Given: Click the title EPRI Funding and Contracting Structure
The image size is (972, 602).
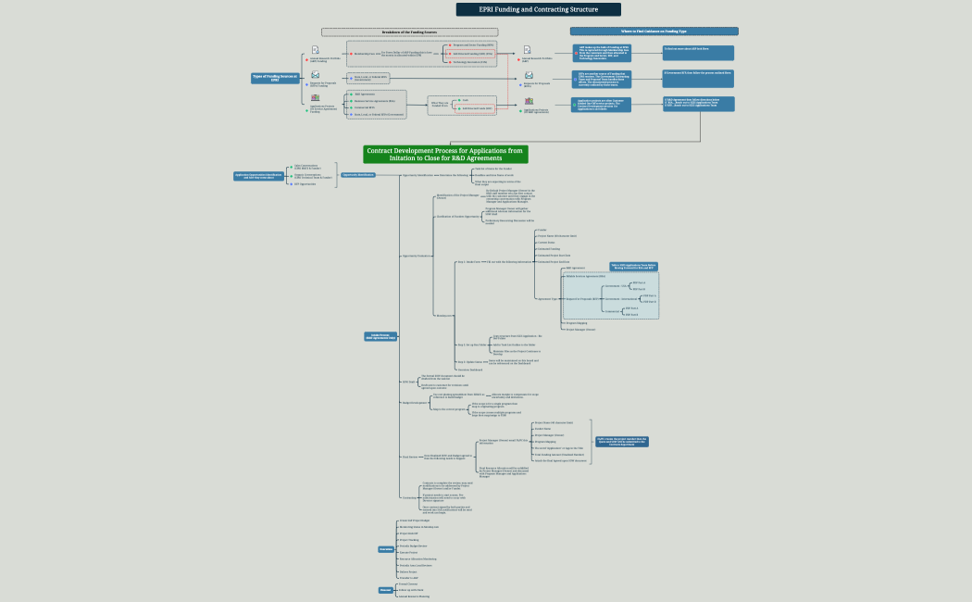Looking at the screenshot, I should click(x=525, y=9).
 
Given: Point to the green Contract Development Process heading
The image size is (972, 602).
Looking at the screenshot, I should click(x=445, y=154).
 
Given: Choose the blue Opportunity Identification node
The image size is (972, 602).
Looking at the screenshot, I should click(x=358, y=174).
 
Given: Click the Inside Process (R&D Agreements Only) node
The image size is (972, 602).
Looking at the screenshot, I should click(x=380, y=337).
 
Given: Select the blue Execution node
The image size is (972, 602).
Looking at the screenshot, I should click(x=386, y=549).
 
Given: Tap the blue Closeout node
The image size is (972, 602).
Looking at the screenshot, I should click(x=386, y=590).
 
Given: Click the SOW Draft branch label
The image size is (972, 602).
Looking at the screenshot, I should click(x=409, y=382).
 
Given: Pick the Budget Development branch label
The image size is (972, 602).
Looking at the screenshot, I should click(x=413, y=403).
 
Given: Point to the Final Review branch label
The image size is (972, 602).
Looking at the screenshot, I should click(x=410, y=457).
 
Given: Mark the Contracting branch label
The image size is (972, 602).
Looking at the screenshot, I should click(x=410, y=497).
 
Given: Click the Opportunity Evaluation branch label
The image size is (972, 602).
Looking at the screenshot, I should click(x=416, y=256).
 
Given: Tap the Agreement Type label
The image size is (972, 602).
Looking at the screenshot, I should click(x=548, y=298).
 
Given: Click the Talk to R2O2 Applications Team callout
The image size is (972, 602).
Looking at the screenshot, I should click(x=633, y=266).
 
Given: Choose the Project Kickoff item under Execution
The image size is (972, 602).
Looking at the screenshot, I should click(x=407, y=533).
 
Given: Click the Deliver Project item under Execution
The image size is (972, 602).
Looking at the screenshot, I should click(x=406, y=571).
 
